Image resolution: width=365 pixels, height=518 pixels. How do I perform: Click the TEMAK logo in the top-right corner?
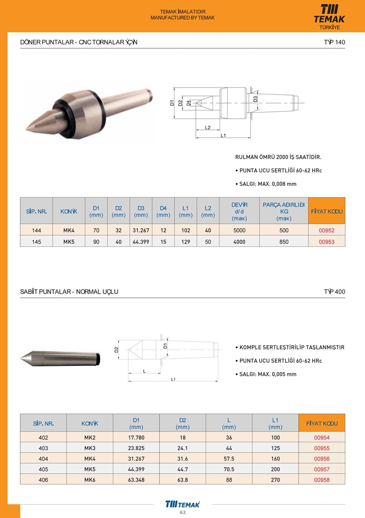(x=330, y=15)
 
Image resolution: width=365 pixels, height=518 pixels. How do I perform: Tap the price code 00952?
(x=326, y=231)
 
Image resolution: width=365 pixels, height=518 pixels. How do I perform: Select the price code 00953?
(x=326, y=242)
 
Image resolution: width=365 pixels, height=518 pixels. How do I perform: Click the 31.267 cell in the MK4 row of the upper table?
(x=141, y=231)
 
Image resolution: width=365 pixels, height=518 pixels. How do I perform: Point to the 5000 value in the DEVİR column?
(x=239, y=231)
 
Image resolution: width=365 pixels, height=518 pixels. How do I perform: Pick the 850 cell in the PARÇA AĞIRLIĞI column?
(x=283, y=242)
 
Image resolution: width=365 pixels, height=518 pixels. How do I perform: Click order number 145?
(x=36, y=242)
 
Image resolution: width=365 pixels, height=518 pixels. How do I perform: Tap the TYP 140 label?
(x=334, y=42)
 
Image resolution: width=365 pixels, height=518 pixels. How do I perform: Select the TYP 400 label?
(x=334, y=292)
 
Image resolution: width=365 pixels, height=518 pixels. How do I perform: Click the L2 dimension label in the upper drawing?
(x=208, y=127)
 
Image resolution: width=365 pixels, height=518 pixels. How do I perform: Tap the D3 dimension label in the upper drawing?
(x=255, y=99)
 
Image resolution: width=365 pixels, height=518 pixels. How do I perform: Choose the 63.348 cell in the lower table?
(x=136, y=480)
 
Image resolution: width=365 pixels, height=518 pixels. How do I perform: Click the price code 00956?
(x=322, y=459)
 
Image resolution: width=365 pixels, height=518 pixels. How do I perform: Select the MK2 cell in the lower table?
(x=90, y=437)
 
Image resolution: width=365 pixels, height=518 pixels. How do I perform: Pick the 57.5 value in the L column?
(x=229, y=459)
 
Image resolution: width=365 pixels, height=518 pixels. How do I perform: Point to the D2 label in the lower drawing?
(x=116, y=350)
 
